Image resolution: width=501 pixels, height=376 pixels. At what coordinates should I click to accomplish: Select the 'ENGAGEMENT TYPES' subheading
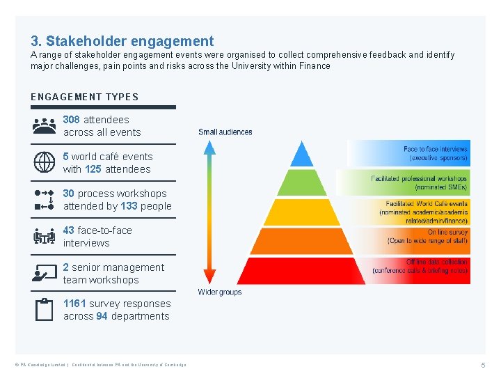[84, 97]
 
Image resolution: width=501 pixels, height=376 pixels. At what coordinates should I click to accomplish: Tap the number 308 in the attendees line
[72, 120]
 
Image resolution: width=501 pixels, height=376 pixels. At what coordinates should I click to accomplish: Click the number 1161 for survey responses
[74, 304]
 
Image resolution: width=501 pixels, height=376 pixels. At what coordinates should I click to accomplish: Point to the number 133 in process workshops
[129, 206]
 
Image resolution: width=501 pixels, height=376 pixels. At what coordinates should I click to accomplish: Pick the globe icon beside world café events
[44, 162]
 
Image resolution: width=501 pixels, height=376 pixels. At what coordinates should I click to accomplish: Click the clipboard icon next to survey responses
[44, 309]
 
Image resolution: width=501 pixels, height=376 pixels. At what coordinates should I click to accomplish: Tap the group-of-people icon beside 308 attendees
[44, 126]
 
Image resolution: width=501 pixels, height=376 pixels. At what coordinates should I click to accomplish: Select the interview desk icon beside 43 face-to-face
[44, 237]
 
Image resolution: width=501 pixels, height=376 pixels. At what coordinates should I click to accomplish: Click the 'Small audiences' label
[225, 132]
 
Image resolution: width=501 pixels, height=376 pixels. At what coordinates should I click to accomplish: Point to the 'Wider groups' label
[219, 292]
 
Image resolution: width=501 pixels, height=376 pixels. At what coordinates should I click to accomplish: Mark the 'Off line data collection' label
[437, 263]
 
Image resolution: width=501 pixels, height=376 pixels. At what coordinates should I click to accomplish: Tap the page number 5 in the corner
[482, 365]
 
